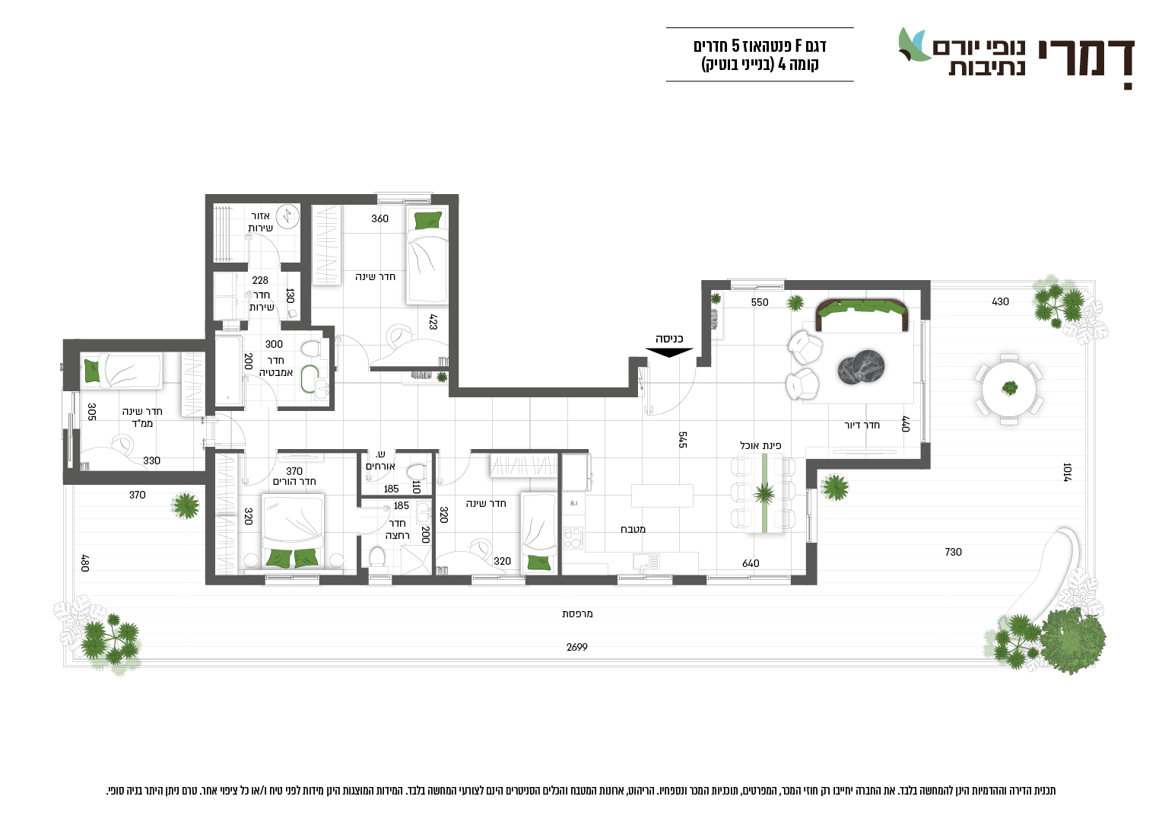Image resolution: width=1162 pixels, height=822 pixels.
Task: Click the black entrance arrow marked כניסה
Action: click(669, 352)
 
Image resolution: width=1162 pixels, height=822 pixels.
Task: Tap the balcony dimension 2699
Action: click(577, 647)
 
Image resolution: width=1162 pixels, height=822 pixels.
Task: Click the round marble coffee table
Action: click(861, 368)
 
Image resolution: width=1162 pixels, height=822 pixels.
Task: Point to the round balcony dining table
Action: click(1009, 389)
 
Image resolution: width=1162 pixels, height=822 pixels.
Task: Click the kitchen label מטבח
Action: click(633, 529)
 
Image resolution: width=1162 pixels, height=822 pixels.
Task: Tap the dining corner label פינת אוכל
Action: click(760, 445)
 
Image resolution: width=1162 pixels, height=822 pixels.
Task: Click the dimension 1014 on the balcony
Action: click(1066, 472)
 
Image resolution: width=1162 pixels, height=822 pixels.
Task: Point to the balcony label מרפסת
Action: click(577, 613)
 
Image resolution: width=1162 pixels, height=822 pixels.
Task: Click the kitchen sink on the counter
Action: click(646, 562)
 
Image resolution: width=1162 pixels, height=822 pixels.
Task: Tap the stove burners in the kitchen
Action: click(573, 538)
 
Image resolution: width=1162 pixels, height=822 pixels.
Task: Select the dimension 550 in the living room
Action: click(760, 302)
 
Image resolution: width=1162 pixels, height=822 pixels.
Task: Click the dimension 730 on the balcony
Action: click(953, 552)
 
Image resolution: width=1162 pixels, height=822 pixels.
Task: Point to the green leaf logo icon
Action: click(914, 45)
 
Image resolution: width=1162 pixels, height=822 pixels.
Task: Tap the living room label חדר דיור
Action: click(862, 425)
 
